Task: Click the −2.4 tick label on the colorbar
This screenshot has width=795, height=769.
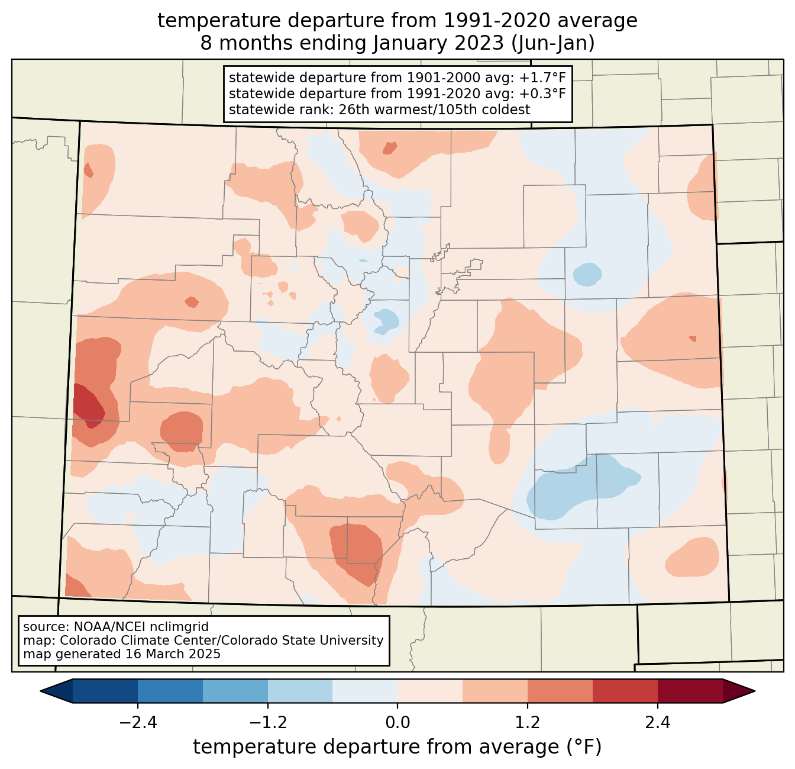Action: [x=138, y=723]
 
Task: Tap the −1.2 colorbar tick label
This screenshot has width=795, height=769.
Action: [x=268, y=723]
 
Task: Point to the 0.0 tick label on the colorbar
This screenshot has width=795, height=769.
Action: [x=397, y=723]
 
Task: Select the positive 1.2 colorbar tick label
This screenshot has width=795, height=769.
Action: [x=528, y=723]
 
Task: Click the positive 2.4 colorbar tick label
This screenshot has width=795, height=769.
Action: [x=658, y=723]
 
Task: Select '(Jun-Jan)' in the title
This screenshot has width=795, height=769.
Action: [x=552, y=43]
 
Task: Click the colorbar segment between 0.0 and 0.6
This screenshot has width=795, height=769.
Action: [x=430, y=691]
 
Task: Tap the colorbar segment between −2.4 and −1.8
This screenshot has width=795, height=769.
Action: [x=170, y=691]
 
